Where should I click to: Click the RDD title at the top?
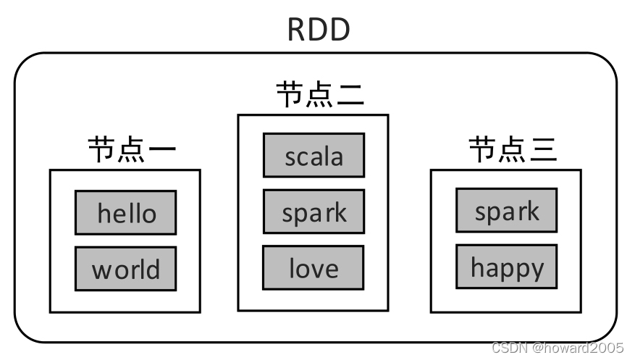(x=319, y=29)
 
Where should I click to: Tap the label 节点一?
(x=132, y=151)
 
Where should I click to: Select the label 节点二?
(x=319, y=95)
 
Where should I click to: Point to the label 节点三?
(x=513, y=150)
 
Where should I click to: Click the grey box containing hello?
(x=126, y=213)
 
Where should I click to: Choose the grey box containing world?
(x=126, y=269)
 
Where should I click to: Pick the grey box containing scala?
(x=314, y=156)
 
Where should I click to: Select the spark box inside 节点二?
(x=314, y=212)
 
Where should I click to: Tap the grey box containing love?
(x=314, y=268)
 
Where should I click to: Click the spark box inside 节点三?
(x=506, y=211)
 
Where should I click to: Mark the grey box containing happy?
(x=506, y=267)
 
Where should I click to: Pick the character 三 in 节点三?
(x=542, y=150)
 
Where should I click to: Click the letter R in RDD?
(x=298, y=29)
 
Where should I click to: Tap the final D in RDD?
(x=340, y=29)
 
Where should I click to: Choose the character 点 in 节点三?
(x=513, y=150)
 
